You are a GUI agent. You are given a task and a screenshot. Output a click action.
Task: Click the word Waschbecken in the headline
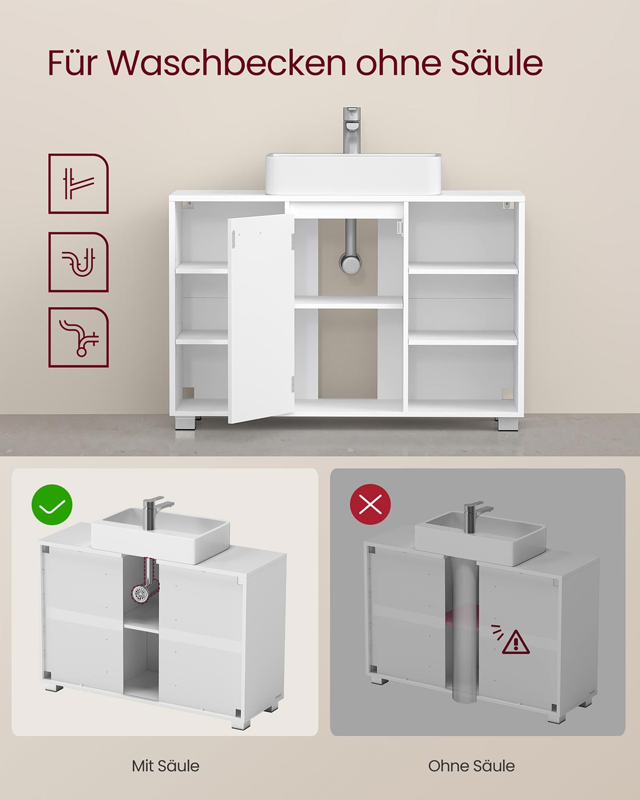(x=226, y=63)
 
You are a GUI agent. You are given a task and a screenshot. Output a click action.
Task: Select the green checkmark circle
(x=52, y=505)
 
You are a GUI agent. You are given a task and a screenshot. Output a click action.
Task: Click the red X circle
(x=370, y=505)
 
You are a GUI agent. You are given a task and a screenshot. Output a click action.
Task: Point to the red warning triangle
(x=515, y=642)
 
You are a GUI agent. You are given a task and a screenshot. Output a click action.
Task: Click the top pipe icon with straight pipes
(x=78, y=183)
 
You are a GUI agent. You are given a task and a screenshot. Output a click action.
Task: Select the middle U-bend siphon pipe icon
(x=78, y=262)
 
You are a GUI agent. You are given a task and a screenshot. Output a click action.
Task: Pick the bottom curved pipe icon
(x=78, y=337)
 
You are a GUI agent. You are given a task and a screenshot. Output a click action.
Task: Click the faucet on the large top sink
(x=351, y=130)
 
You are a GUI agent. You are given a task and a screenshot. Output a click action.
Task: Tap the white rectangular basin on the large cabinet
(x=353, y=174)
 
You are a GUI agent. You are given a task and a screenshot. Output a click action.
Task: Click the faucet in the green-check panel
(x=154, y=511)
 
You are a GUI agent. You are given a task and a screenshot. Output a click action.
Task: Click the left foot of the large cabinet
(x=185, y=423)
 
